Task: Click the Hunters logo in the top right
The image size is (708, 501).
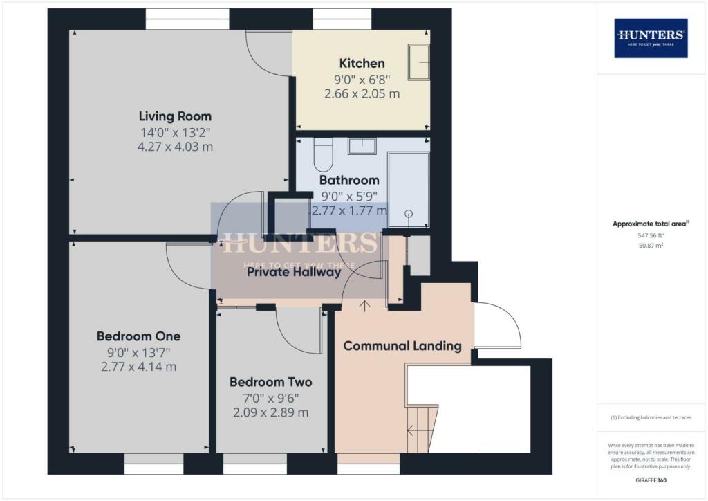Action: point(651,37)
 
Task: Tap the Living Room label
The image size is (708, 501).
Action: point(175,116)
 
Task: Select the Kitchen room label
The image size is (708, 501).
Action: point(362,63)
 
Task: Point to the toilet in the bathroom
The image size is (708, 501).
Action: point(323,155)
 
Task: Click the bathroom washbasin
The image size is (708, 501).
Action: point(362,146)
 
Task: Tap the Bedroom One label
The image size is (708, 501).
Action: point(138,336)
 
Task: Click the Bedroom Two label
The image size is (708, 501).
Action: point(270,382)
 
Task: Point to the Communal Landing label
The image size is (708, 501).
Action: point(402,346)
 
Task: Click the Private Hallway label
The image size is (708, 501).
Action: point(294,272)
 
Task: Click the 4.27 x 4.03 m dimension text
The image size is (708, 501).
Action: point(175,147)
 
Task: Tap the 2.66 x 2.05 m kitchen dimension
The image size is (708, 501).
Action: point(362,93)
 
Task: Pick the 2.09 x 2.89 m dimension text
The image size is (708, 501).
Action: point(270,412)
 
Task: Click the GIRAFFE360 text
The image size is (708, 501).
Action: point(650,480)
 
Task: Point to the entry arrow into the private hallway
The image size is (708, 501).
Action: point(364,305)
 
